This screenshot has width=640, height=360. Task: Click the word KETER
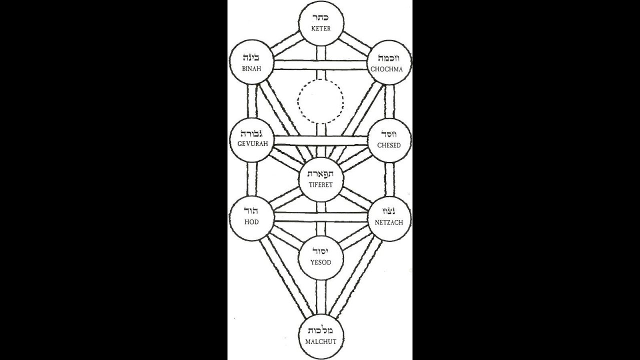(320, 29)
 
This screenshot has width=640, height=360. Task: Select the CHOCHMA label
(390, 68)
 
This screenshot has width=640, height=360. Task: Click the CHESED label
(389, 145)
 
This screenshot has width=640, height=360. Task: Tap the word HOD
(251, 222)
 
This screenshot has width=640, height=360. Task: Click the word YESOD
(320, 262)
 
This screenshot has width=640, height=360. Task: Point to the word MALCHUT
(320, 342)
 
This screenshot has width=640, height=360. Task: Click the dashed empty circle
(321, 102)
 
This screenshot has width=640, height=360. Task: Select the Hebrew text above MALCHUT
(320, 331)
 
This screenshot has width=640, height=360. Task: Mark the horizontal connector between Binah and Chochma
(320, 65)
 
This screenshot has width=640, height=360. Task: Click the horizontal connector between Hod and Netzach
(320, 217)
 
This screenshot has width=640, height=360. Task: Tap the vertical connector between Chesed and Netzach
(389, 179)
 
